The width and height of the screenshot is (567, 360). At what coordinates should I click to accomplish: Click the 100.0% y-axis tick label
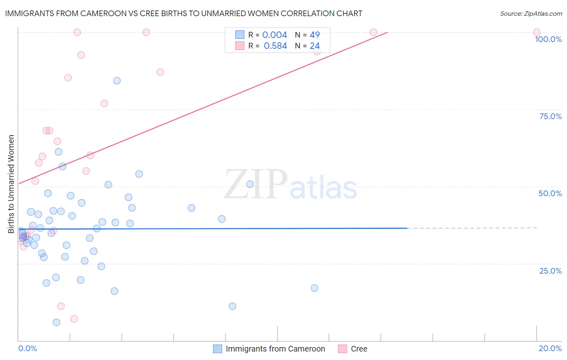[x=548, y=39]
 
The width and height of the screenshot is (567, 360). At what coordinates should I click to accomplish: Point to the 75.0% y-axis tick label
[x=550, y=116]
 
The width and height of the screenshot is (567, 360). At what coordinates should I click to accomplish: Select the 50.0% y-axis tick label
[x=550, y=193]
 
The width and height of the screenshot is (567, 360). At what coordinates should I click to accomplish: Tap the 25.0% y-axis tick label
[x=550, y=270]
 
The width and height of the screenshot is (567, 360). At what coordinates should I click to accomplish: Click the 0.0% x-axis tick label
[x=27, y=348]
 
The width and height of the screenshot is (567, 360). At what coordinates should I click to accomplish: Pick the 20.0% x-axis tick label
[x=550, y=348]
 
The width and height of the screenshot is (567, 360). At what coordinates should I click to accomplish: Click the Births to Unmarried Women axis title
[x=11, y=184]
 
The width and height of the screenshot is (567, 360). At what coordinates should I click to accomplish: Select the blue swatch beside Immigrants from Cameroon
[x=217, y=349]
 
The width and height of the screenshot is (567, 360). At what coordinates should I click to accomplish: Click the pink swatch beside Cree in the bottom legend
[x=342, y=349]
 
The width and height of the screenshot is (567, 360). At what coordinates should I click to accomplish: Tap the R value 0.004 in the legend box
[x=275, y=35]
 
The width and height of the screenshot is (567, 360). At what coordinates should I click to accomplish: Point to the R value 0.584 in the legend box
[x=275, y=46]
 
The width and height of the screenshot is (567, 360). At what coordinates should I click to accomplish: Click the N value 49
[x=315, y=35]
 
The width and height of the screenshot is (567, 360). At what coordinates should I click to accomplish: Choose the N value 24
[x=315, y=46]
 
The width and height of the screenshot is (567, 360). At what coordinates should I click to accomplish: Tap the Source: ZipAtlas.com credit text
[x=531, y=14]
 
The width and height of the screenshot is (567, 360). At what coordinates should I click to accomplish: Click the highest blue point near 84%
[x=117, y=81]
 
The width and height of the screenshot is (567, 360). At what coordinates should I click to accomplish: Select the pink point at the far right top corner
[x=537, y=32]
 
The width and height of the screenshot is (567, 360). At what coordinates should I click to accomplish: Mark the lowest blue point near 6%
[x=56, y=322]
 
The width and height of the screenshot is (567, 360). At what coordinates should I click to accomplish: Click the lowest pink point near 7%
[x=74, y=319]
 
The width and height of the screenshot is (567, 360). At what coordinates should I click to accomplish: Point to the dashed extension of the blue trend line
[x=472, y=228]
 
